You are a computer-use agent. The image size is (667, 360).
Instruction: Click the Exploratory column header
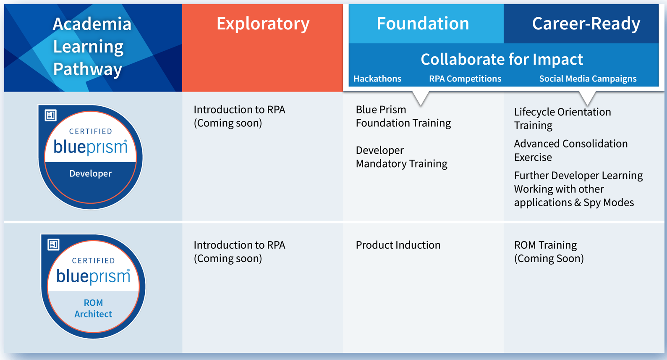point(263,24)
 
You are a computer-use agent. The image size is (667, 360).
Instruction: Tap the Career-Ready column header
point(586,24)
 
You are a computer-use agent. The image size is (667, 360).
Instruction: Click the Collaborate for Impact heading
point(502,59)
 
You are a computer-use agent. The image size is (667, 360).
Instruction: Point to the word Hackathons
point(377,79)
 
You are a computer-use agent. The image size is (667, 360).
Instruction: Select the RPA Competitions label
point(465,79)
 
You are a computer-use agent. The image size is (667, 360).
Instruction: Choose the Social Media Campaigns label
point(588,79)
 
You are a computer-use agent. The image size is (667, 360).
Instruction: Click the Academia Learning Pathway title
point(92,47)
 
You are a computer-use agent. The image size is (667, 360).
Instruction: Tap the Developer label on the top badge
point(91,173)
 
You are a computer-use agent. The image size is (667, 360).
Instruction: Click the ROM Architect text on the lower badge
point(93,308)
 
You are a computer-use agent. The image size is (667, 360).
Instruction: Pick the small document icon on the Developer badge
point(51,115)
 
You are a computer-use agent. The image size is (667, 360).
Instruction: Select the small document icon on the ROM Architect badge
point(54,244)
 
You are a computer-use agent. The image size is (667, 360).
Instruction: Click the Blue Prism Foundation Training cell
point(403,116)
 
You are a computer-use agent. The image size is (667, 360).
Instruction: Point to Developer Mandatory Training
point(401,157)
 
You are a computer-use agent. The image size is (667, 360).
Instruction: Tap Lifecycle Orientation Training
point(562,118)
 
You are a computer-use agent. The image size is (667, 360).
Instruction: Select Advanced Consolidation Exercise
point(571,150)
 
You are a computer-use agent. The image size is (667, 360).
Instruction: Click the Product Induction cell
point(398,245)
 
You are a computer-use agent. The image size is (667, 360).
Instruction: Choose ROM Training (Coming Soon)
point(549,252)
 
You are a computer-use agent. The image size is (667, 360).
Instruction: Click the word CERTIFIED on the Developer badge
point(91,131)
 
